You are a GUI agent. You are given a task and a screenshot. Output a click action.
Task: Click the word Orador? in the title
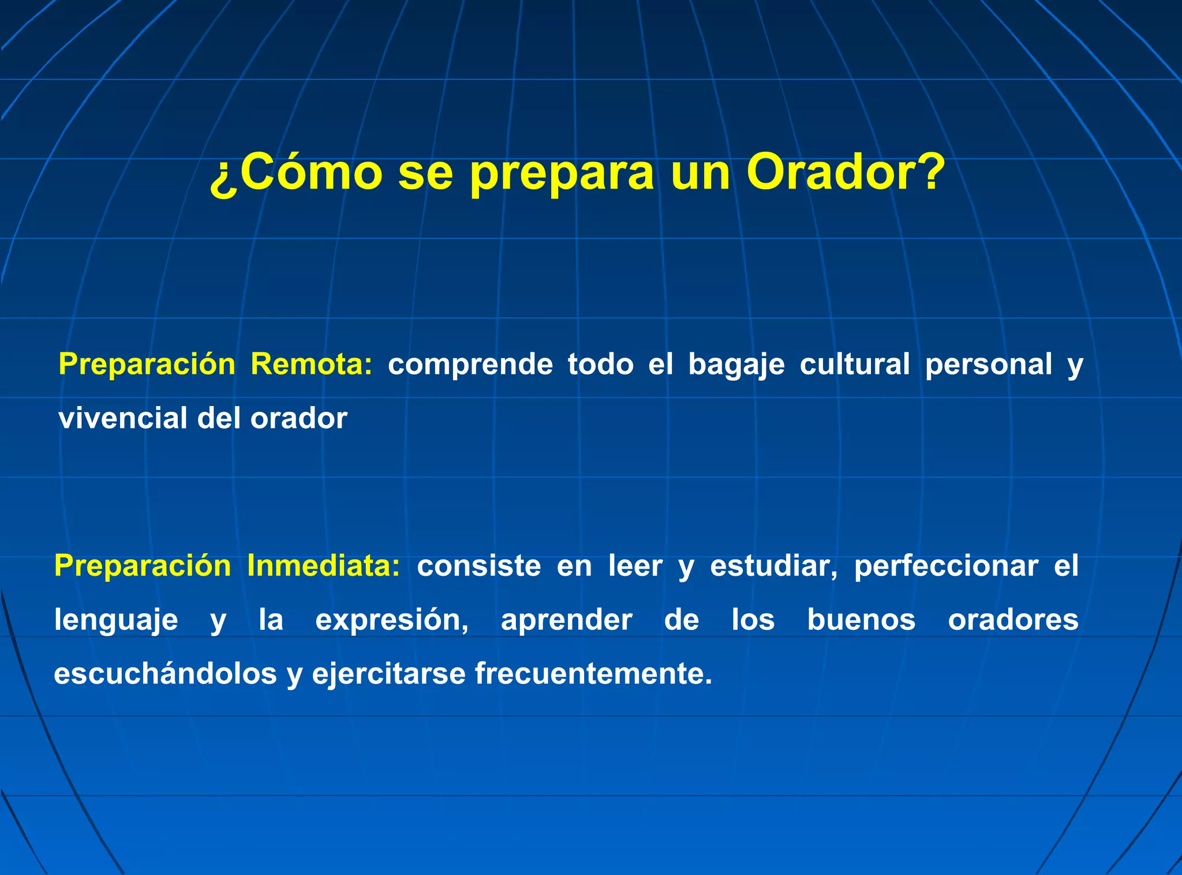point(846,172)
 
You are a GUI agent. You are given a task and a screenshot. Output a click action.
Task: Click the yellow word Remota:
point(312,365)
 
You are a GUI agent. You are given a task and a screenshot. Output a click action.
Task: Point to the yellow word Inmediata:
point(323,566)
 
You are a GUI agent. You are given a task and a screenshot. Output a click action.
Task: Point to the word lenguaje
point(116,621)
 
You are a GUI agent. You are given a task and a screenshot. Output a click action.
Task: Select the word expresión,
point(392,621)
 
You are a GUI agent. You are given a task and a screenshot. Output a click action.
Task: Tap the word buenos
point(861,620)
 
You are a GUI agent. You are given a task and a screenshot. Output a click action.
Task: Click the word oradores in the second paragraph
point(1013,620)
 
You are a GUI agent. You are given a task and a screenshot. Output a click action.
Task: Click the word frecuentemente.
point(593,674)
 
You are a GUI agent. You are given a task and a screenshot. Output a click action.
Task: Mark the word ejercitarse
point(388,674)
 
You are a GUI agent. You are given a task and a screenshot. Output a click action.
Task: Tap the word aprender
point(566,621)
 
